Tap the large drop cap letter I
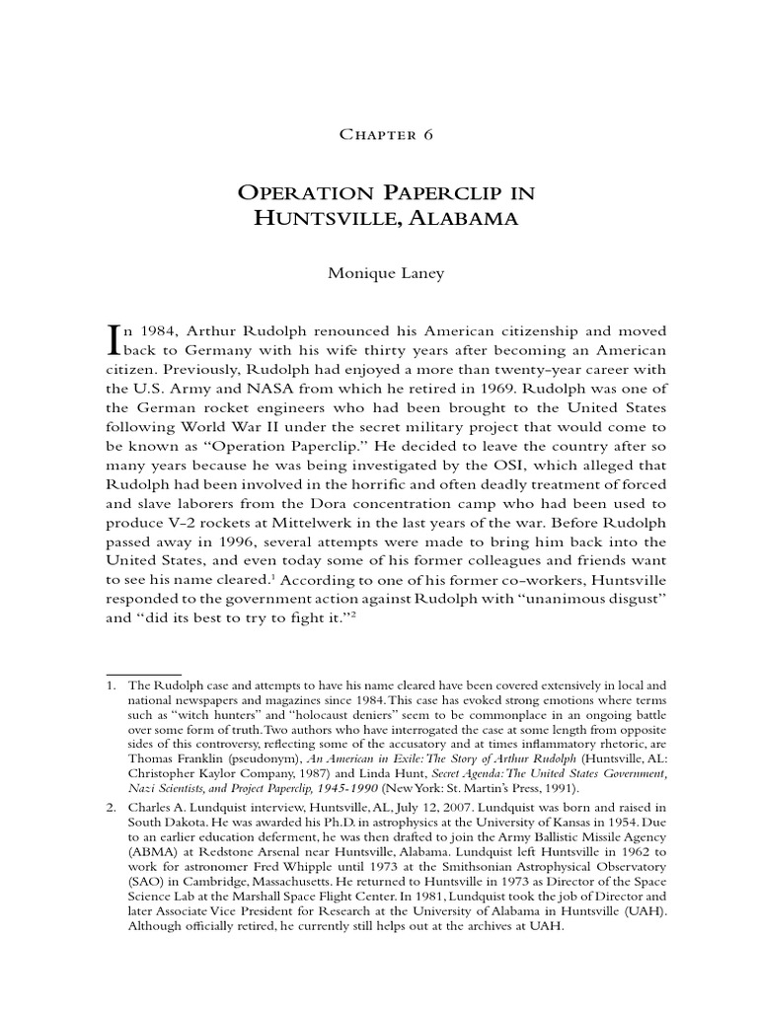point(112,340)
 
